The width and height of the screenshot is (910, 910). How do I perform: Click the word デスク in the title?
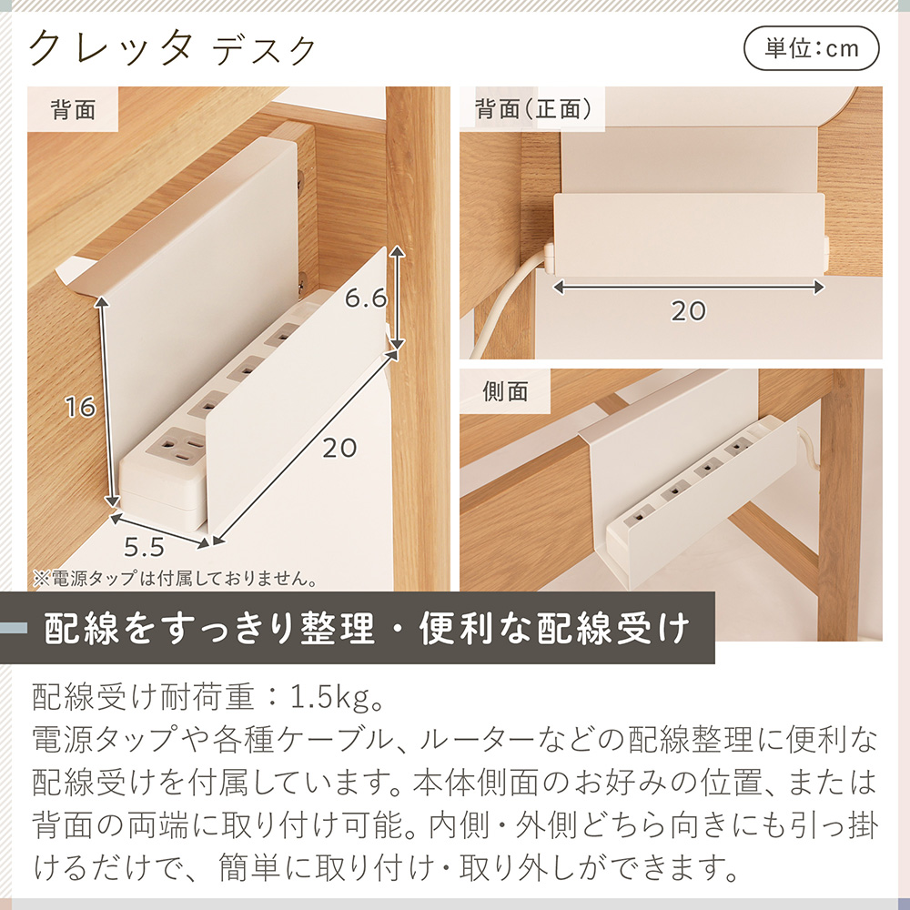(x=265, y=50)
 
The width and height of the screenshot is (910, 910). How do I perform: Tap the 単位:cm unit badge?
(x=812, y=48)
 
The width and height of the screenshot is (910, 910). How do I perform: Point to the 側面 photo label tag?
(x=506, y=391)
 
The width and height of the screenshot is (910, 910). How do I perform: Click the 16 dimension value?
(x=81, y=407)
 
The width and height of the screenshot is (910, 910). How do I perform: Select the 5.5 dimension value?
(x=144, y=547)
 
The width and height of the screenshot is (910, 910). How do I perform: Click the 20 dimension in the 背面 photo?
(x=338, y=448)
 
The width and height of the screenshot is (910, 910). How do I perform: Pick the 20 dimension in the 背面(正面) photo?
(x=689, y=311)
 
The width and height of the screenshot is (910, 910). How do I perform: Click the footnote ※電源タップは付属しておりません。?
(x=174, y=578)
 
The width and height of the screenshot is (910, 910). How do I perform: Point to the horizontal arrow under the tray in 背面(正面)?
(x=689, y=287)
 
